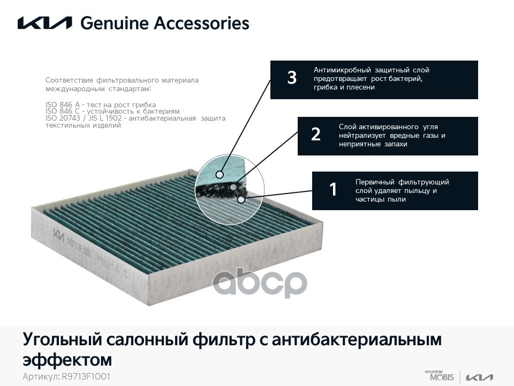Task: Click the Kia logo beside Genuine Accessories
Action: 44,23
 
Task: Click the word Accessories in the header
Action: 202,23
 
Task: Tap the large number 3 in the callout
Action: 292,78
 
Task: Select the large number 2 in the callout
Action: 315,134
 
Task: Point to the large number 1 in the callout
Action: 333,189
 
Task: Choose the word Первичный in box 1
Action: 375,182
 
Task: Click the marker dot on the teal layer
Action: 220,174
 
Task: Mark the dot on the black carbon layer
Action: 233,187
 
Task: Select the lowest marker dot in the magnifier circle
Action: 241,199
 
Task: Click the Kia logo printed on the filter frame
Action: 59,235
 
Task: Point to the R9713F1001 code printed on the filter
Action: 79,247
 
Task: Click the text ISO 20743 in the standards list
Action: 63,118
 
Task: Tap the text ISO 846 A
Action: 63,105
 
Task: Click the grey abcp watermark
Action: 260,283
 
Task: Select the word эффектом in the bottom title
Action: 67,360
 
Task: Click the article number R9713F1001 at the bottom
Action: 86,376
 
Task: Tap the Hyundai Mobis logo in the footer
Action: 439,376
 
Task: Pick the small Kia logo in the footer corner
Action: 480,377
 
